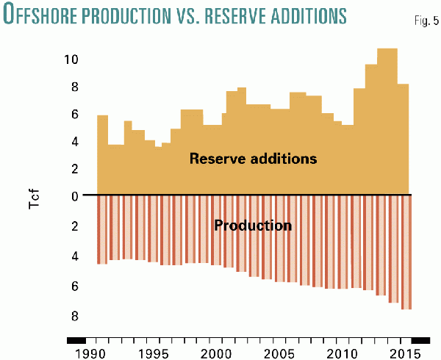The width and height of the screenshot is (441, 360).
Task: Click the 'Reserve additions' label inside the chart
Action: click(x=252, y=158)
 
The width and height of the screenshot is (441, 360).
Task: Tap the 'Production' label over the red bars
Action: click(x=252, y=225)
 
